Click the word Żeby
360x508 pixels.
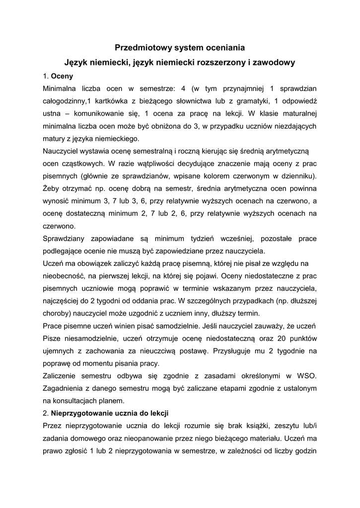52,188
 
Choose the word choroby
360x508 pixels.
57,314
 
